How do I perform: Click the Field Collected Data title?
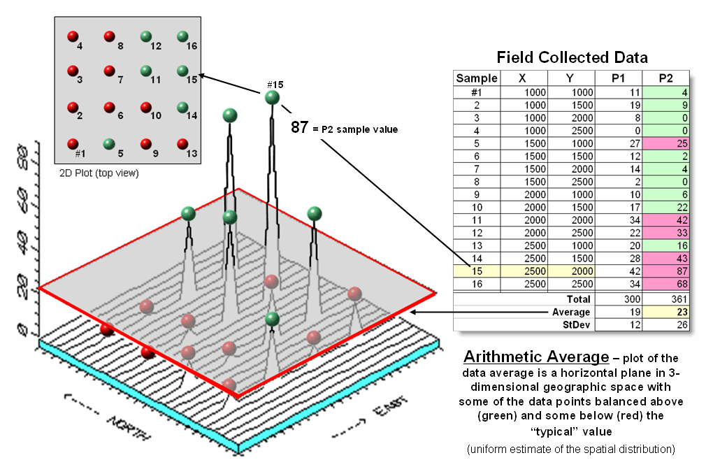(x=572, y=57)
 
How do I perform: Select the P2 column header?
(x=666, y=78)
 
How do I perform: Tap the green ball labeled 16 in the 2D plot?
(x=182, y=36)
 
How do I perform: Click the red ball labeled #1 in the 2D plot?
(x=72, y=143)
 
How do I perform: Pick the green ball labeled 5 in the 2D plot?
(x=108, y=144)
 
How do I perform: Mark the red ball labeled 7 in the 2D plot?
(x=108, y=71)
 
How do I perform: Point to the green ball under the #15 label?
(x=273, y=98)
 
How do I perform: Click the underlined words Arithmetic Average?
(x=535, y=357)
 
